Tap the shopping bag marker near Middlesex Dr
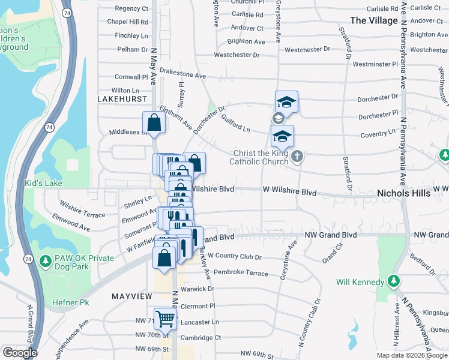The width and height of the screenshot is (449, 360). (x=154, y=122)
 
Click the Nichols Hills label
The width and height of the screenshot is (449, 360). (x=403, y=193)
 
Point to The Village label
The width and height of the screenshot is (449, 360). (x=373, y=20)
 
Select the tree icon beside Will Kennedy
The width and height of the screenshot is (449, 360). (x=393, y=281)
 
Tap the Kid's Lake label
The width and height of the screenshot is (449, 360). (x=43, y=183)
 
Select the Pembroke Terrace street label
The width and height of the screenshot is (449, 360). (x=241, y=273)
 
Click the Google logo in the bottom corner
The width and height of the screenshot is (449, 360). (x=20, y=353)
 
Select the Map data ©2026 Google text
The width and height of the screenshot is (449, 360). (x=411, y=355)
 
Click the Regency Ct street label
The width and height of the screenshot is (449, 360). (x=131, y=8)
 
